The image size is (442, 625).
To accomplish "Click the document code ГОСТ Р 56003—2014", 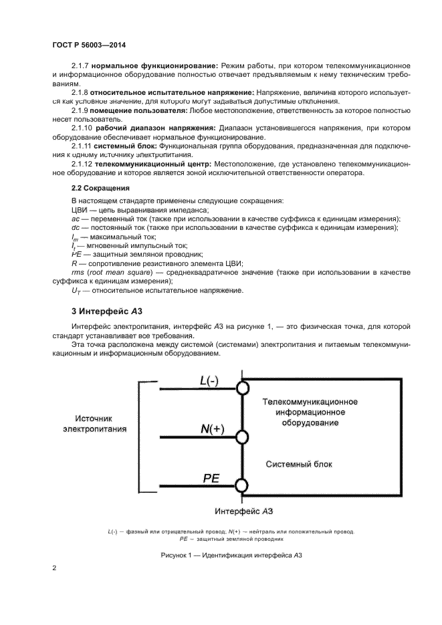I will click(x=89, y=44).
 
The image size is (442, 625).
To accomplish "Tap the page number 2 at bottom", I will click(x=54, y=568).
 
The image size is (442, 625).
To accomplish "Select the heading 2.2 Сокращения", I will click(x=100, y=188).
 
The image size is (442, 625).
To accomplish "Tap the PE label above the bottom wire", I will click(x=211, y=477).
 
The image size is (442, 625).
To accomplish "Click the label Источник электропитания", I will click(x=96, y=422).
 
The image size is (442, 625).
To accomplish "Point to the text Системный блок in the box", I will click(x=299, y=464).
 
